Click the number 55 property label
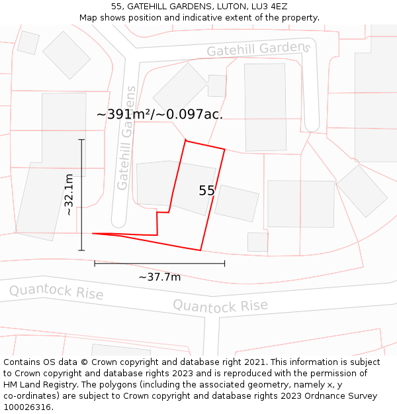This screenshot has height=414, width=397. (x=206, y=191)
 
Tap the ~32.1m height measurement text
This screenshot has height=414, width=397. (x=69, y=195)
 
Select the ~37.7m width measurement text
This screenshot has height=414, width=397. (x=159, y=276)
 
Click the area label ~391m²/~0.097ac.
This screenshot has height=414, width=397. (x=159, y=114)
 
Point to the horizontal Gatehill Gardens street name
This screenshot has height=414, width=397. (x=258, y=49)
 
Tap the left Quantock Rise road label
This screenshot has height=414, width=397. (x=56, y=291)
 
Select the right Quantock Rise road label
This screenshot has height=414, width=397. (x=220, y=305)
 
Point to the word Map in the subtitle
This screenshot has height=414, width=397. (x=89, y=17)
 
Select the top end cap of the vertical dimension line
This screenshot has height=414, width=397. (x=81, y=140)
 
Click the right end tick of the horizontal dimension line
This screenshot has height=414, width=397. (x=224, y=263)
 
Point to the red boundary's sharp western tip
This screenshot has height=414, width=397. (x=93, y=233)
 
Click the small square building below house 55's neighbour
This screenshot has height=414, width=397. (x=257, y=242)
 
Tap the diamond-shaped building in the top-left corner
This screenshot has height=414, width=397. (x=66, y=54)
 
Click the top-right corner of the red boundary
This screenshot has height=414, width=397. (x=224, y=150)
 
